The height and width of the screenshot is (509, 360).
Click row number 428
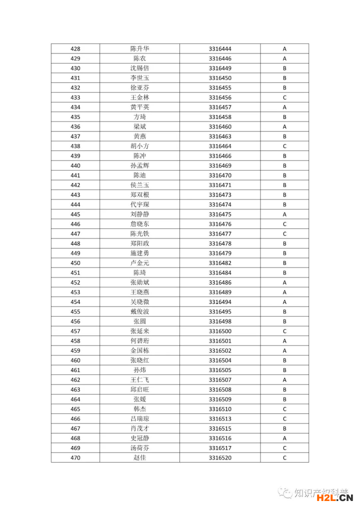[x=75, y=49]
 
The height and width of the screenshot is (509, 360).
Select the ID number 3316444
[x=220, y=49]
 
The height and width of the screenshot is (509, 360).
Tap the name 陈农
[x=139, y=58]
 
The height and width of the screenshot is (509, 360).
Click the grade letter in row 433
[x=284, y=97]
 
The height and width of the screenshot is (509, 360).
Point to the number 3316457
[x=220, y=107]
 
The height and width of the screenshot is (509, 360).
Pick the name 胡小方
[x=139, y=146]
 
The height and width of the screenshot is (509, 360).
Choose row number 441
[x=75, y=175]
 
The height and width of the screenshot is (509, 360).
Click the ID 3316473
[x=220, y=195]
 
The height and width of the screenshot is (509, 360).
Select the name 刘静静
[x=139, y=214]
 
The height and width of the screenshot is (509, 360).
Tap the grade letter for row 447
[x=284, y=234]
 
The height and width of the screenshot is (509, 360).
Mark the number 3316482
[x=220, y=263]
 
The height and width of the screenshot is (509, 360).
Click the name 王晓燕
[x=139, y=292]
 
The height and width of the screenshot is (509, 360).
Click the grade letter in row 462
[x=284, y=380]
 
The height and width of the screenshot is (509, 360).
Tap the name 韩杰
[x=139, y=409]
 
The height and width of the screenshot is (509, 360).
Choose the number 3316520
[x=220, y=458]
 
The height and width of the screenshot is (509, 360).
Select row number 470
[x=75, y=458]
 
